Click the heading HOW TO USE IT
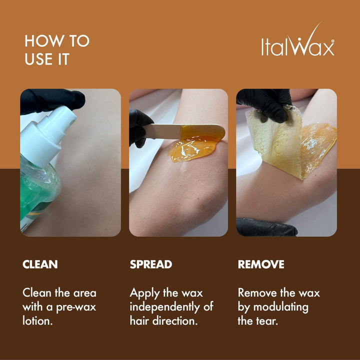click(57, 49)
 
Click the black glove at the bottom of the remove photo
click(265, 227)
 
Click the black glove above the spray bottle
click(50, 100)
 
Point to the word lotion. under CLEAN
click(38, 320)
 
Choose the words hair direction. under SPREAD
click(163, 320)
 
